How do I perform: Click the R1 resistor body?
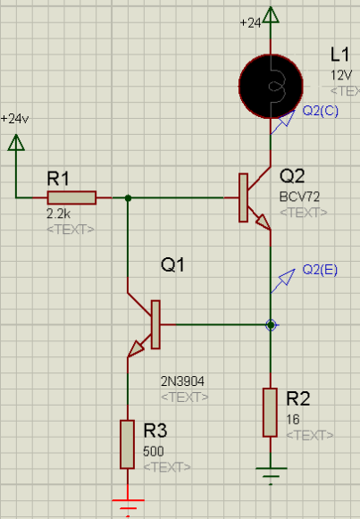click(x=71, y=197)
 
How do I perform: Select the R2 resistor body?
click(x=270, y=413)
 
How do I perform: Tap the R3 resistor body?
click(x=127, y=444)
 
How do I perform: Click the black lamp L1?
click(x=271, y=87)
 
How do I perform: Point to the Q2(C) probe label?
click(x=321, y=111)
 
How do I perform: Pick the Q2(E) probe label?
click(x=320, y=270)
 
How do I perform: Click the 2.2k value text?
click(x=59, y=213)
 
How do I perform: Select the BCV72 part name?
click(x=299, y=197)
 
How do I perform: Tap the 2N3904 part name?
click(x=182, y=381)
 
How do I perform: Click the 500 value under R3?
click(x=153, y=451)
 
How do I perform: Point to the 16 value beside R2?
click(x=293, y=419)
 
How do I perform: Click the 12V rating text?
click(x=341, y=75)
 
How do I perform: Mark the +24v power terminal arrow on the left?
click(x=16, y=142)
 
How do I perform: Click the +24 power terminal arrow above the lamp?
click(x=271, y=14)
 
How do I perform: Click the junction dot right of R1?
click(x=128, y=198)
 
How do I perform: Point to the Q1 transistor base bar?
click(x=155, y=324)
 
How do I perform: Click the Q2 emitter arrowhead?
click(x=264, y=222)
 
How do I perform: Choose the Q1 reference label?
click(x=172, y=264)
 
